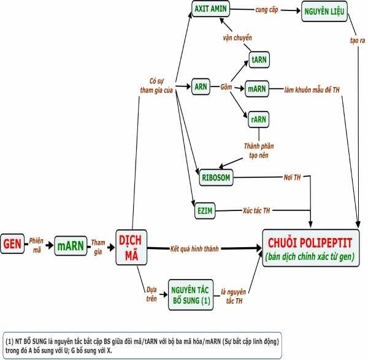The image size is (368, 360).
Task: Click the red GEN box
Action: [12, 245]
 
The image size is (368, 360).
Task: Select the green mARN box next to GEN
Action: [71, 245]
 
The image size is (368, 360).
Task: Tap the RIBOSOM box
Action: [216, 178]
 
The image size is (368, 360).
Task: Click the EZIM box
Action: [204, 210]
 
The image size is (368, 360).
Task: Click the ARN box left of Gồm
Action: [201, 87]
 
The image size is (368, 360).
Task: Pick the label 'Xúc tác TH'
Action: [258, 210]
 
